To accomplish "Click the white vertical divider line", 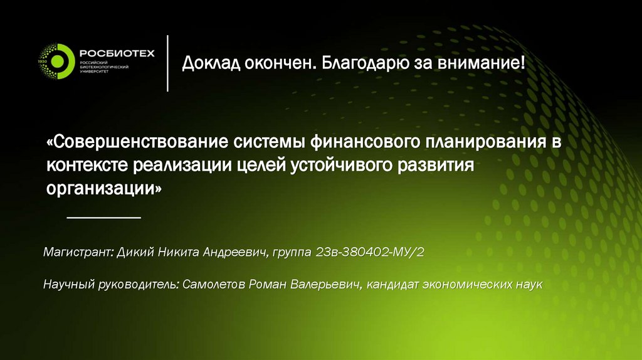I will (167, 63).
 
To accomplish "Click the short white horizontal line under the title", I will (103, 217).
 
